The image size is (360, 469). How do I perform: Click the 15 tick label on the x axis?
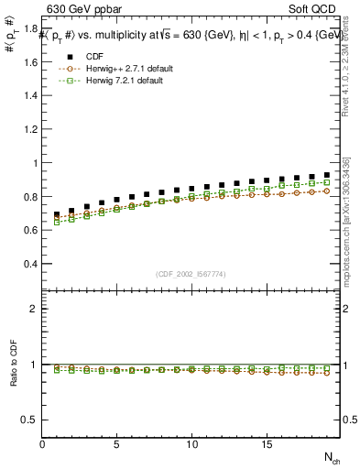coord(266,444)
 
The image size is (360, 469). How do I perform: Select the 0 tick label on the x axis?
coord(42,444)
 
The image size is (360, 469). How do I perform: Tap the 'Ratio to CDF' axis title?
coord(13,376)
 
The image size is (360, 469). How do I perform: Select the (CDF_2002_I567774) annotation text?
coord(191,275)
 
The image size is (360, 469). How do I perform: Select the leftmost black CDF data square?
coord(57,214)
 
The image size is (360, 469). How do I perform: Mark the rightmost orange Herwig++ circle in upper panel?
coord(326,191)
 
